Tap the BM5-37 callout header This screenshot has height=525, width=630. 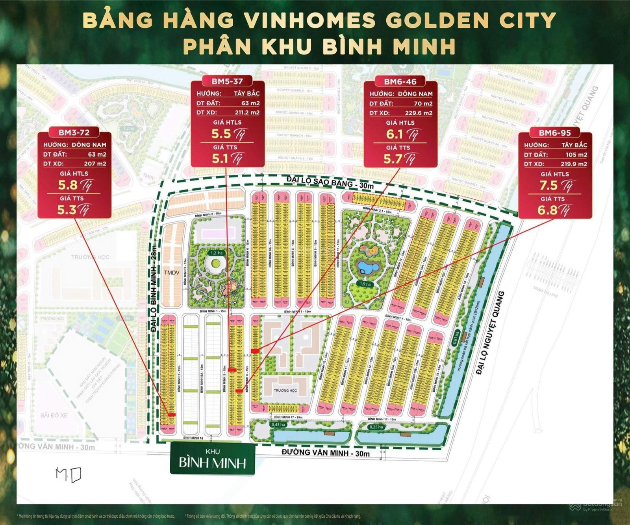point(226,81)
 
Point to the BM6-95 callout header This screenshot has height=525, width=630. point(555,133)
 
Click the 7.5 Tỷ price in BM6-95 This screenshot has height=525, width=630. point(555,186)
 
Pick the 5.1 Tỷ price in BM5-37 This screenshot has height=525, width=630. point(226,159)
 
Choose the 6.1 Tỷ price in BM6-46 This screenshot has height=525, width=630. point(400,134)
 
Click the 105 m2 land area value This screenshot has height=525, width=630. point(576,155)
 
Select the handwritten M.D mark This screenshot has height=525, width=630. point(69,475)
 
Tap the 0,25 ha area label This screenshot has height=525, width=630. point(375,427)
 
